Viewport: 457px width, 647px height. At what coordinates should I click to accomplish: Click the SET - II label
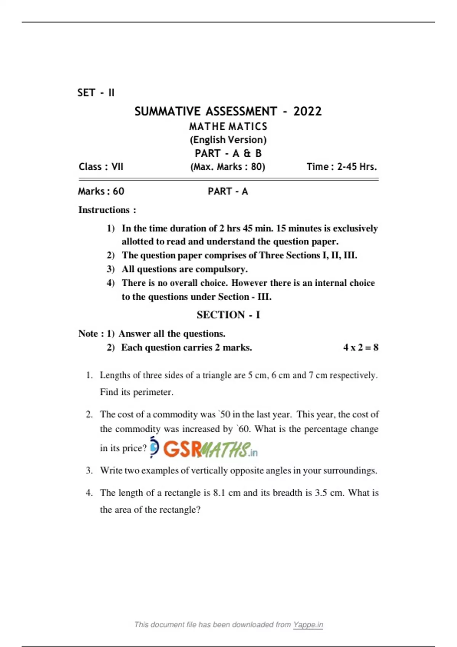point(96,93)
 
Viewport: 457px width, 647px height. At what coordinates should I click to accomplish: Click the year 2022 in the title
point(307,111)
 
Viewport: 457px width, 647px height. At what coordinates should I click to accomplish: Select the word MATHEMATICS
point(228,126)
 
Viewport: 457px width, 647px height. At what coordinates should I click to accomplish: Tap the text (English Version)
point(228,140)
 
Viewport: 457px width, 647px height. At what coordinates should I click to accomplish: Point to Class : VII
point(101,167)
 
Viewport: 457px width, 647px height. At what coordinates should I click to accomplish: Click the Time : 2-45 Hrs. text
point(342,167)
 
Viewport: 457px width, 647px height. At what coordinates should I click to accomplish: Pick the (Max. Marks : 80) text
point(228,167)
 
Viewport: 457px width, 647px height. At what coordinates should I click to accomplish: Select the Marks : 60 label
point(101,191)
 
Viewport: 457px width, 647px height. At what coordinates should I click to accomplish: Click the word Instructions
point(104,210)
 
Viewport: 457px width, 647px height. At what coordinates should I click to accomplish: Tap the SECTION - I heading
point(228,315)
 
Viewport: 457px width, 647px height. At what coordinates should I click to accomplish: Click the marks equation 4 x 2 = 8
point(361,347)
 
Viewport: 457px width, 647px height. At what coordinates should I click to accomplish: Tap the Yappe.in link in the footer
point(308,625)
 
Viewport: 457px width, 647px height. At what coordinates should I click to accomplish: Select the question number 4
point(89,492)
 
